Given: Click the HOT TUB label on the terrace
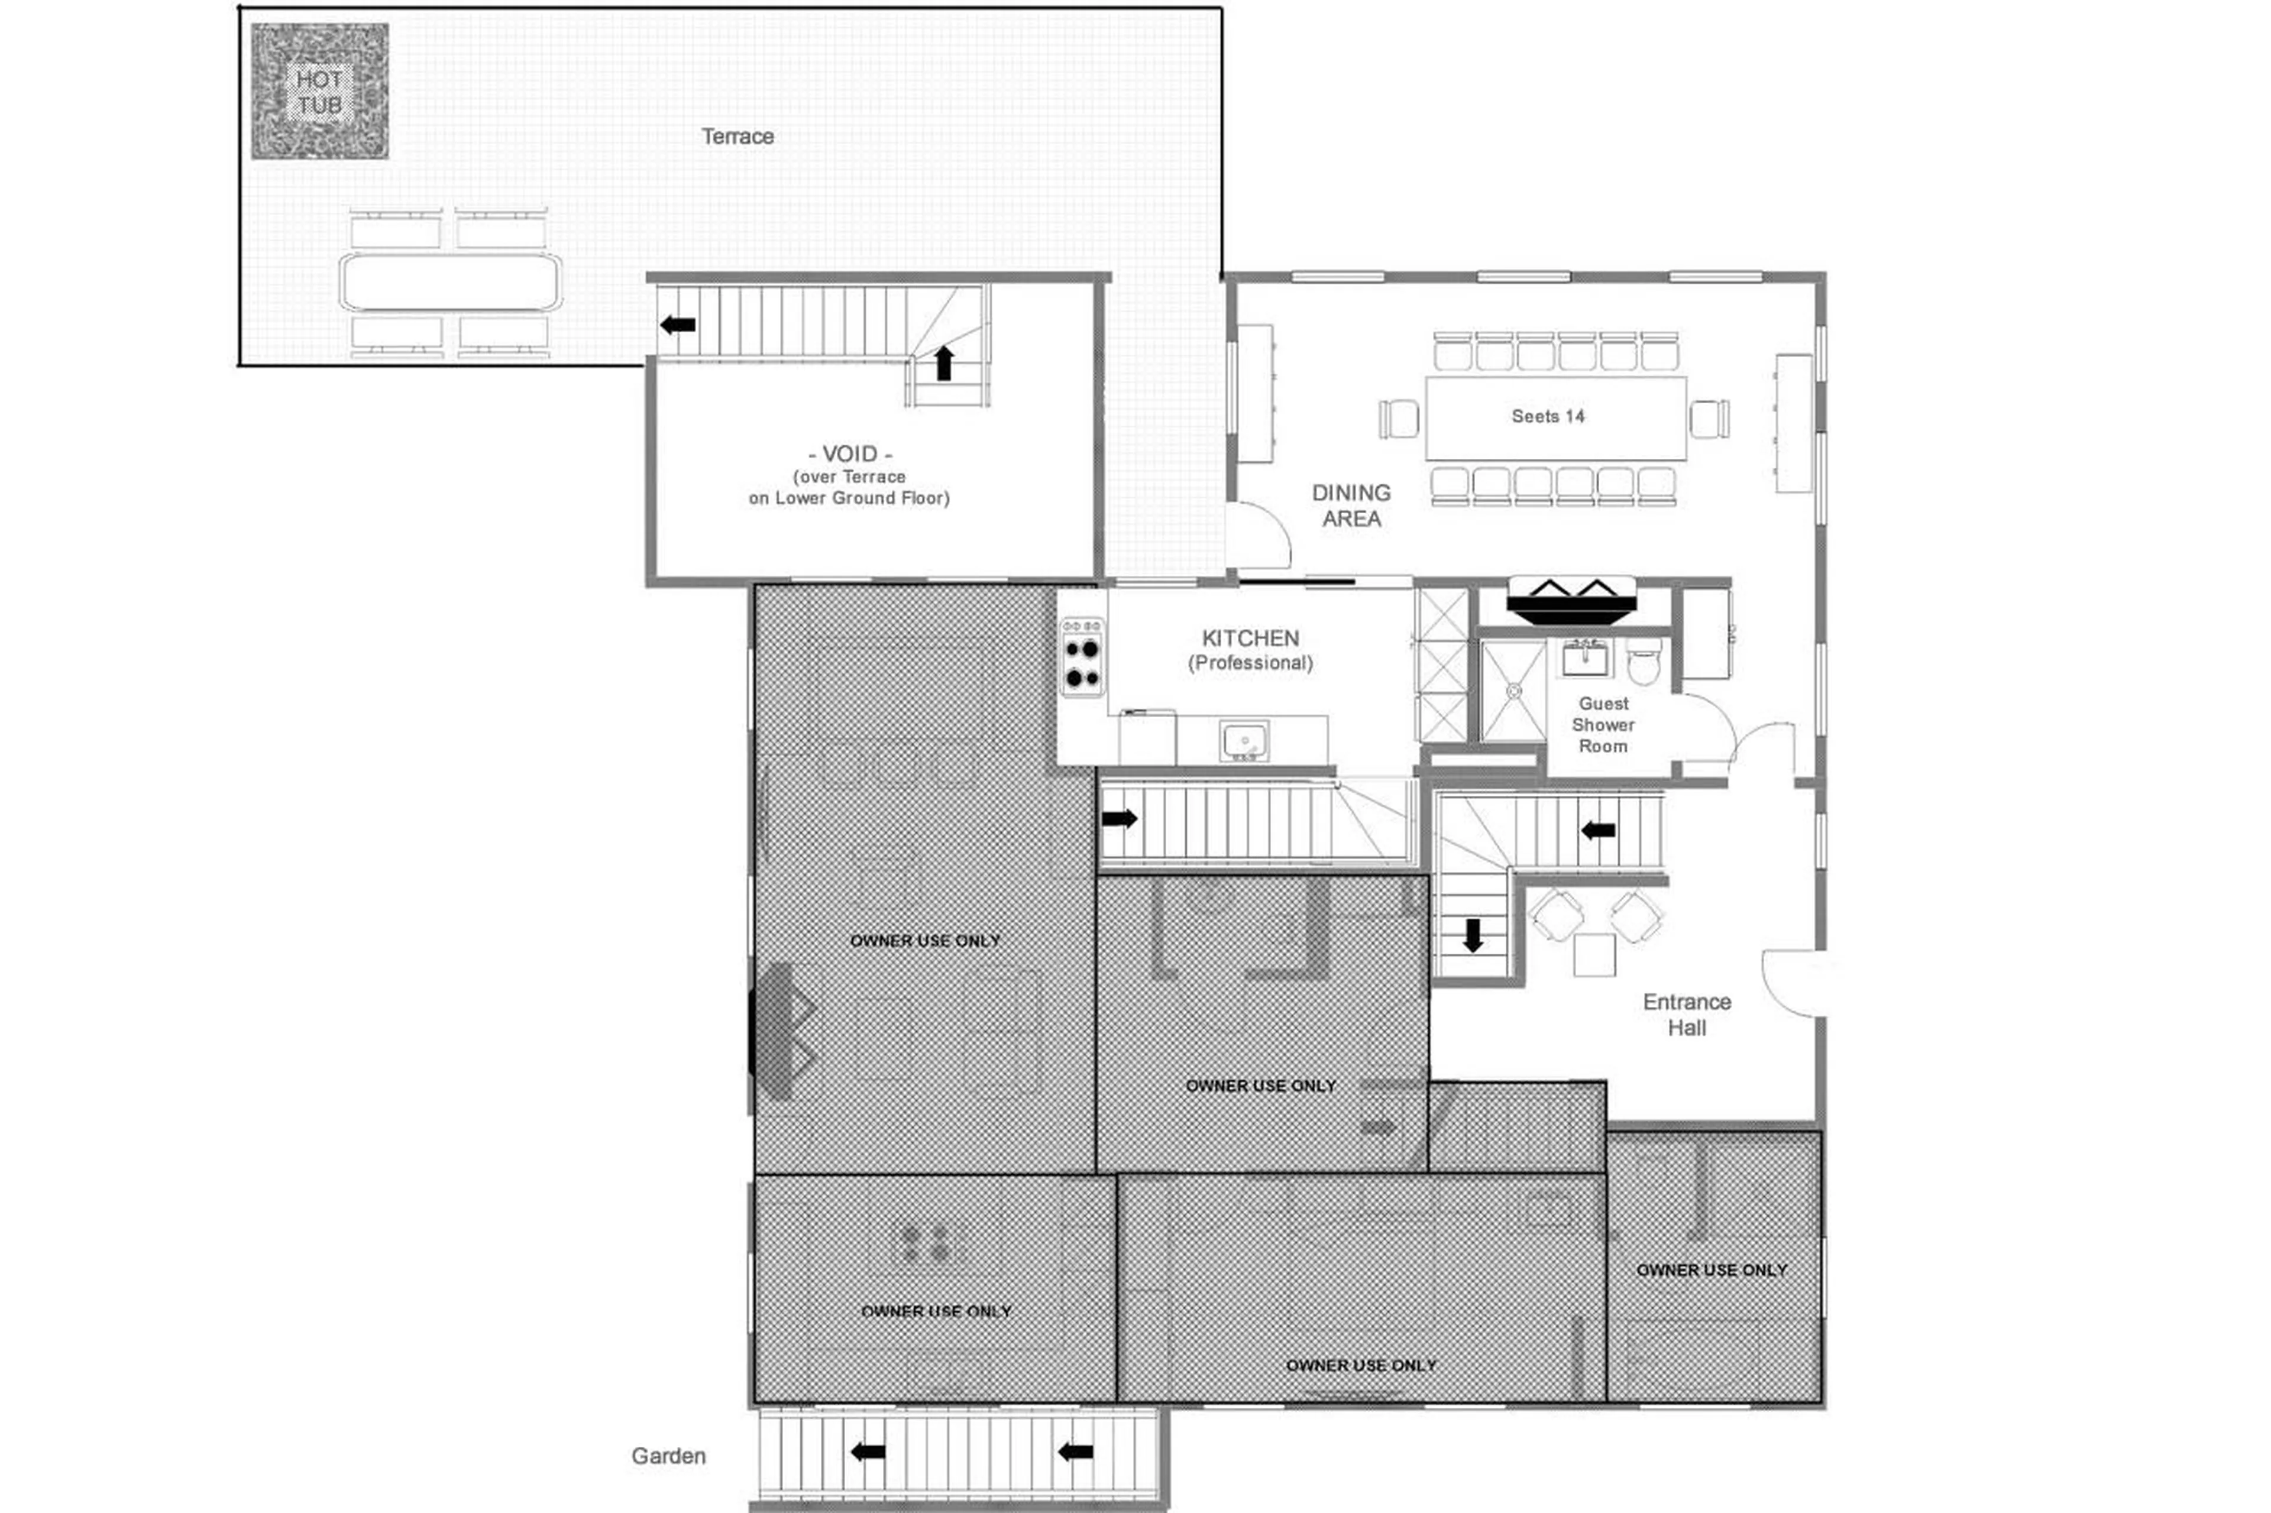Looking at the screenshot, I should point(319,92).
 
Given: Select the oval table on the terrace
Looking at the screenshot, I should point(449,282).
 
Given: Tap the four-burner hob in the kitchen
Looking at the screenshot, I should point(1082,656).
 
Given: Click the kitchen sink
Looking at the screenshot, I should point(1244,740).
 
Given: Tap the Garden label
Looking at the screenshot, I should point(668,1455).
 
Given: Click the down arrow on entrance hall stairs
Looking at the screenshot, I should point(1473,935).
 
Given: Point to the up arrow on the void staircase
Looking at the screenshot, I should point(944,363).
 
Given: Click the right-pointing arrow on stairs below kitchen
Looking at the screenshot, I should point(1120,818).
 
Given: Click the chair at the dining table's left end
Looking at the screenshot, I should point(1399,419).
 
